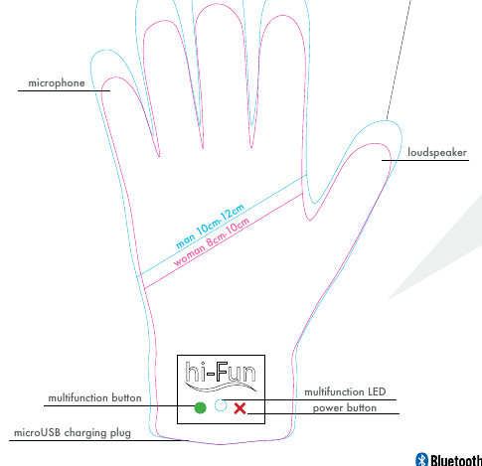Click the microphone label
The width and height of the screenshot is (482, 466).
pos(57,82)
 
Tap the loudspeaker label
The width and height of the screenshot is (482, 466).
pos(437,153)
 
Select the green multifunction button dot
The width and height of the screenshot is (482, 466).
pos(200,407)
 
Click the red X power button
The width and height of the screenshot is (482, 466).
pos(240,408)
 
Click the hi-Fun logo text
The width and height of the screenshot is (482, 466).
pos(221,372)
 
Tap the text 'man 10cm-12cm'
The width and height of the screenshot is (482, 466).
pos(210,227)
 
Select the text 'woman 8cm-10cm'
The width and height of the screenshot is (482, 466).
pos(212,241)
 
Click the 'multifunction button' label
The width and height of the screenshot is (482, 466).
pos(95,397)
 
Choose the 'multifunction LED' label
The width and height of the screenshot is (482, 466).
pos(345,392)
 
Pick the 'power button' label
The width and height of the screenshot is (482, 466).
pos(345,408)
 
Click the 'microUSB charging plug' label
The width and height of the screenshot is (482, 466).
pos(73,433)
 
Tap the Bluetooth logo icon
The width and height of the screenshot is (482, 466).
pos(421,460)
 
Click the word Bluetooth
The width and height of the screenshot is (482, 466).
pos(456,460)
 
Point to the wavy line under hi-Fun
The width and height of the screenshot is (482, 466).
pos(221,387)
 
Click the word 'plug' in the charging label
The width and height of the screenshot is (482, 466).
pos(120,434)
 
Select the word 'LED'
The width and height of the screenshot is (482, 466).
pos(377,392)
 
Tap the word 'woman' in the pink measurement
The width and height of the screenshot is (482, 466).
pos(189,254)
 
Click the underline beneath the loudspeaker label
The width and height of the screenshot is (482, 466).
pos(425,160)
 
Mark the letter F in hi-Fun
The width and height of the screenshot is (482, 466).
pos(222,371)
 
